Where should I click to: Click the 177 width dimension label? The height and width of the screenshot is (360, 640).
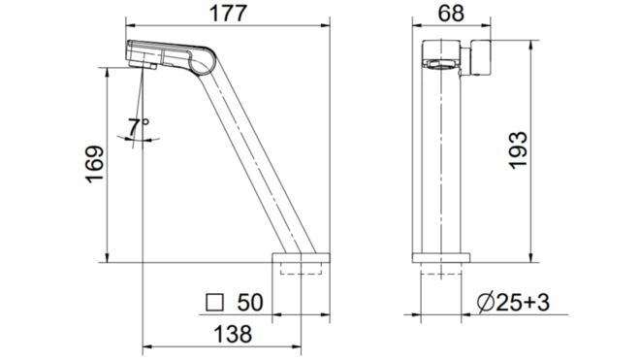(x=228, y=13)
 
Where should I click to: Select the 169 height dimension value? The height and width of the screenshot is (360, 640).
(x=95, y=164)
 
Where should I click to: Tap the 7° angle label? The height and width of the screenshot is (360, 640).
(x=138, y=127)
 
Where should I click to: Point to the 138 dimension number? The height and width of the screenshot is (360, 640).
(x=233, y=334)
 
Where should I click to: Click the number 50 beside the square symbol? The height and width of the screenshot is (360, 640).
(x=250, y=303)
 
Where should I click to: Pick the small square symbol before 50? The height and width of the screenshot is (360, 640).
(x=215, y=303)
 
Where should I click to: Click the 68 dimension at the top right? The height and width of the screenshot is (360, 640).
(x=451, y=13)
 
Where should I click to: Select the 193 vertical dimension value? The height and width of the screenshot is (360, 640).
(x=518, y=150)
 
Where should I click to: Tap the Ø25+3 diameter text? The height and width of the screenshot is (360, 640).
(x=514, y=303)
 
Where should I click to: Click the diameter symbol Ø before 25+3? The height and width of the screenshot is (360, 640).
(x=486, y=303)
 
